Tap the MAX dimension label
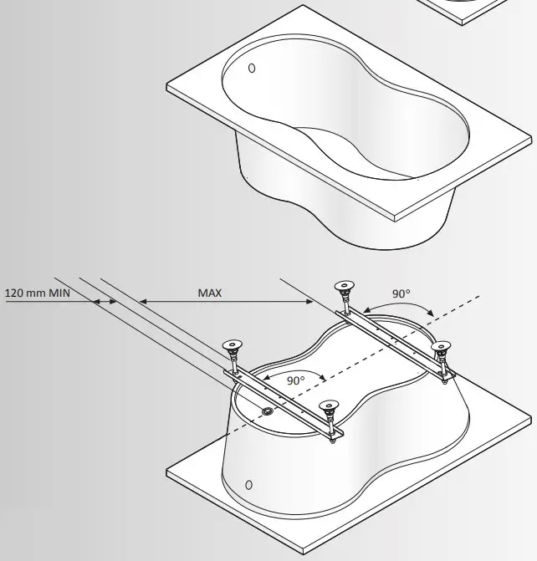click(209, 293)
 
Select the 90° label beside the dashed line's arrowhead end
click(401, 293)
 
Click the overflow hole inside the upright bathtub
click(253, 69)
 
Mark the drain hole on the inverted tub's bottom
click(267, 411)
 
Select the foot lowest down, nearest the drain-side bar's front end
click(331, 411)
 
